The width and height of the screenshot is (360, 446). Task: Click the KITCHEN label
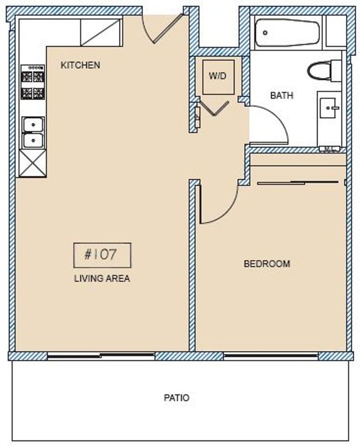click(80, 65)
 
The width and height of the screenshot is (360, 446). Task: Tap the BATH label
click(282, 96)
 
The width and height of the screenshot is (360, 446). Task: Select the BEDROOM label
click(267, 264)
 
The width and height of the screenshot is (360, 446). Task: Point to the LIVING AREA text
click(102, 279)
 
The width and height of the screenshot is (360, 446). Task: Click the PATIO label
click(177, 398)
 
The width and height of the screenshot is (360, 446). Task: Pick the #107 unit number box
click(102, 255)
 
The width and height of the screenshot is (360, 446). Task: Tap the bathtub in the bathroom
click(288, 33)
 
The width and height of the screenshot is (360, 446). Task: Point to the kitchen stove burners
click(33, 82)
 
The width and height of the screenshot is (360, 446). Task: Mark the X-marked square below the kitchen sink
click(33, 163)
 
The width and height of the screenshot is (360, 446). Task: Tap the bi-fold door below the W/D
click(213, 108)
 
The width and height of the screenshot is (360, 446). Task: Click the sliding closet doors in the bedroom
click(298, 182)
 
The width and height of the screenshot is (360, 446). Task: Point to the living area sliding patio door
click(101, 356)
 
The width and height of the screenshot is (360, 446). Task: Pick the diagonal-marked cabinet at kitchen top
click(101, 33)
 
